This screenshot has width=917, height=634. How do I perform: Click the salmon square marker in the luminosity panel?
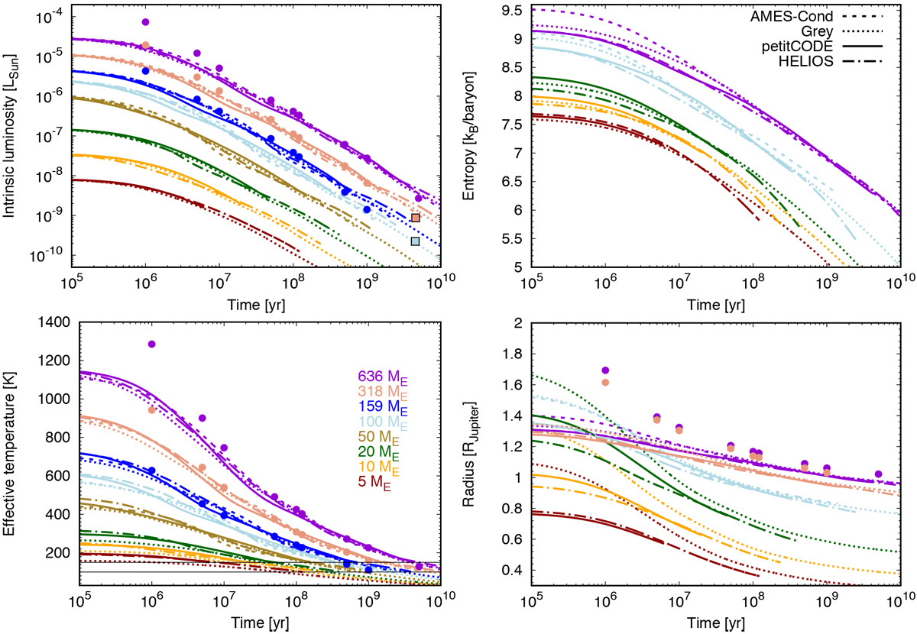[415, 218]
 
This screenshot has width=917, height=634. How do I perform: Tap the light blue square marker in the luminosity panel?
[415, 241]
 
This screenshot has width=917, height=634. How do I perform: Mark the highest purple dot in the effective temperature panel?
[151, 344]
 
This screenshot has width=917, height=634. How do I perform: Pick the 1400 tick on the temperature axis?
[50, 325]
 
